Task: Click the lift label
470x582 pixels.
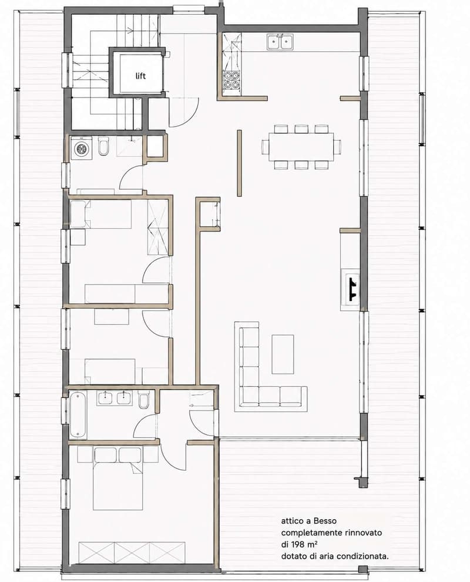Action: click(x=140, y=76)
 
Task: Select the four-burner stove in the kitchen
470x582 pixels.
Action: click(x=230, y=80)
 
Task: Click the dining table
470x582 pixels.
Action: click(x=301, y=146)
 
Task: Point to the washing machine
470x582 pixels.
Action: click(x=81, y=148)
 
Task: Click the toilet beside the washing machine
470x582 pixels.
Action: click(x=103, y=146)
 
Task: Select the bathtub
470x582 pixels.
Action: click(x=78, y=414)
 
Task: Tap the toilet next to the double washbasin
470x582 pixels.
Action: click(x=143, y=399)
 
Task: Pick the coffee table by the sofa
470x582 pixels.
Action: click(x=283, y=354)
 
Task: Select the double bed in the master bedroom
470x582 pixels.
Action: click(x=118, y=479)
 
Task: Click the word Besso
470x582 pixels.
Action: click(x=324, y=521)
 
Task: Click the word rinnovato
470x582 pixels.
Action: click(x=363, y=533)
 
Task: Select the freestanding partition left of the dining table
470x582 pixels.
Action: click(x=239, y=163)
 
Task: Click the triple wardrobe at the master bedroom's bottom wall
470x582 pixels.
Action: click(x=132, y=553)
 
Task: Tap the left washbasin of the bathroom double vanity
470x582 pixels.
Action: click(x=105, y=398)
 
